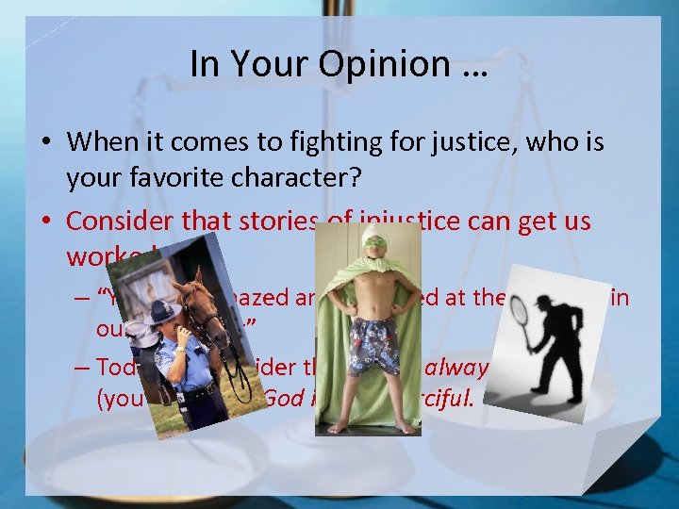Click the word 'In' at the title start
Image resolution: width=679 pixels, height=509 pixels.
point(204,64)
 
